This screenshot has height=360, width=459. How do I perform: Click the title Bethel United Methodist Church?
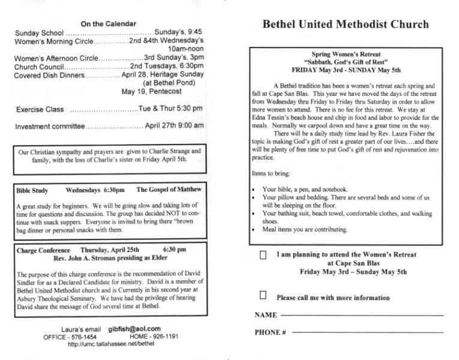[346, 25]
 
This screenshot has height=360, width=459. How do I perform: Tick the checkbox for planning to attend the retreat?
[263, 255]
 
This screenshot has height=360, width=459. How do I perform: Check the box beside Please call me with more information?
[263, 295]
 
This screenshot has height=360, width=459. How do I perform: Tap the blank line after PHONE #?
[366, 332]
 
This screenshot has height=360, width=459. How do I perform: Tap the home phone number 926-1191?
[164, 337]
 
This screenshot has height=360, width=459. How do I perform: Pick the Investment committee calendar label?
[50, 127]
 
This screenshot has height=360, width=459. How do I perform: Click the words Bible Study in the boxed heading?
[32, 191]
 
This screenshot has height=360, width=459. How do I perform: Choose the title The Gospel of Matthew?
[169, 190]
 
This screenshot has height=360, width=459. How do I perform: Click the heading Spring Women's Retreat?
[346, 54]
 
